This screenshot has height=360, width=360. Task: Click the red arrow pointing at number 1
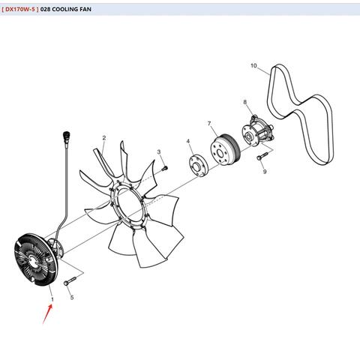pyautogui.click(x=47, y=313)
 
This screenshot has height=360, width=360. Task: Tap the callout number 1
pyautogui.click(x=52, y=299)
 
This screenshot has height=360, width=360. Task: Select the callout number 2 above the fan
pyautogui.click(x=104, y=138)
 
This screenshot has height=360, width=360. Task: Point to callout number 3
pyautogui.click(x=159, y=151)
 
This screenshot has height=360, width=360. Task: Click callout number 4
pyautogui.click(x=188, y=141)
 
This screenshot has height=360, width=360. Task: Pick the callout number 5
pyautogui.click(x=72, y=298)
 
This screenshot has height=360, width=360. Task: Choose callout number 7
pyautogui.click(x=209, y=124)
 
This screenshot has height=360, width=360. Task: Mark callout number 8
pyautogui.click(x=244, y=102)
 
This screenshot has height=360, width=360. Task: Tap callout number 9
pyautogui.click(x=265, y=172)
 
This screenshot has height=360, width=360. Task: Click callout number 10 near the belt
pyautogui.click(x=253, y=65)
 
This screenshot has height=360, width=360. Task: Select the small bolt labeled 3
pyautogui.click(x=165, y=169)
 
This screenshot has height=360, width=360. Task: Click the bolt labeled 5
pyautogui.click(x=70, y=281)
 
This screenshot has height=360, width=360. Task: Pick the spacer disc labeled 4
pyautogui.click(x=198, y=165)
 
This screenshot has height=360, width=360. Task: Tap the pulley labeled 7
pyautogui.click(x=225, y=149)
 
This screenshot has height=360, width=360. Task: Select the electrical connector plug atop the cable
pyautogui.click(x=67, y=136)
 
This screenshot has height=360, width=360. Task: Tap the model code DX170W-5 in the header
pyautogui.click(x=20, y=9)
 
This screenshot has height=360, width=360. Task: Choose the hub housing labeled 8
pyautogui.click(x=257, y=132)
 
